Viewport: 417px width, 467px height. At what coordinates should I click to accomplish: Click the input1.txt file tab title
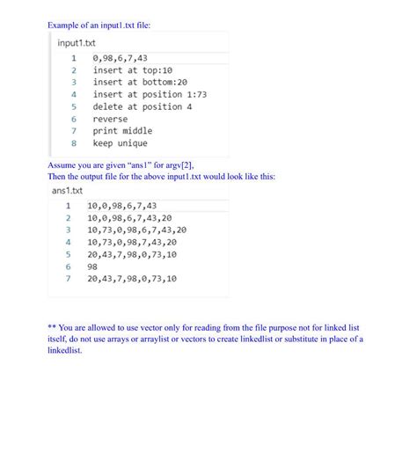[77, 42]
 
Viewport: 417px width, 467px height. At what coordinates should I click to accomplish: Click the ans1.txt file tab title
[67, 190]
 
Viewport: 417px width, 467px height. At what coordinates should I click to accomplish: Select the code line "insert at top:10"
[132, 70]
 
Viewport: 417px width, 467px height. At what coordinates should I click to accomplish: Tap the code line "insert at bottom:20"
[140, 82]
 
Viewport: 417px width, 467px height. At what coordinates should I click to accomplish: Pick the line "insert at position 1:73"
[150, 94]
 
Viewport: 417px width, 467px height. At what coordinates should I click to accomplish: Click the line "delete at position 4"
[143, 106]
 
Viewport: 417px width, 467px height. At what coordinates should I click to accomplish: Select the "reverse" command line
[110, 119]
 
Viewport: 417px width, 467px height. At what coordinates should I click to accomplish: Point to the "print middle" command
[122, 131]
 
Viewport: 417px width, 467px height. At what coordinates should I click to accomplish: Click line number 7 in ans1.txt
[67, 278]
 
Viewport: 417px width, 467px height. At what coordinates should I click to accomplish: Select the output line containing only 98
[92, 266]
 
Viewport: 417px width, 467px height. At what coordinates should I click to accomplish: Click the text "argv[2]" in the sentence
[176, 165]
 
